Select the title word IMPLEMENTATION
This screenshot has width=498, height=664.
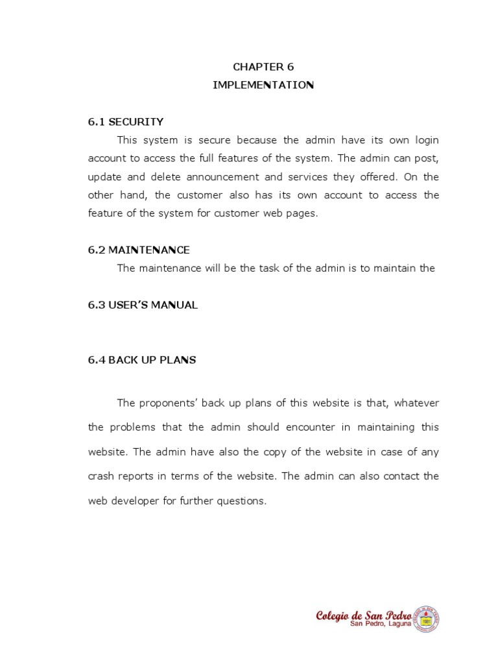coord(263,85)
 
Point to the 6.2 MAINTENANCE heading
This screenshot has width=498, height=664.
coord(139,250)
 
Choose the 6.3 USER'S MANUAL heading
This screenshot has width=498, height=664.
coord(143,305)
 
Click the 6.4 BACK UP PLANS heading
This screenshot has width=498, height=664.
coord(142,360)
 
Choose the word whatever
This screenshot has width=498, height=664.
coord(416,403)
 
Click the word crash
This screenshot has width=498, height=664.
coord(102,476)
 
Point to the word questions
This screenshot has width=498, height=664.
coord(242,501)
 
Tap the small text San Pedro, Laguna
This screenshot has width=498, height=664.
coord(381,624)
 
